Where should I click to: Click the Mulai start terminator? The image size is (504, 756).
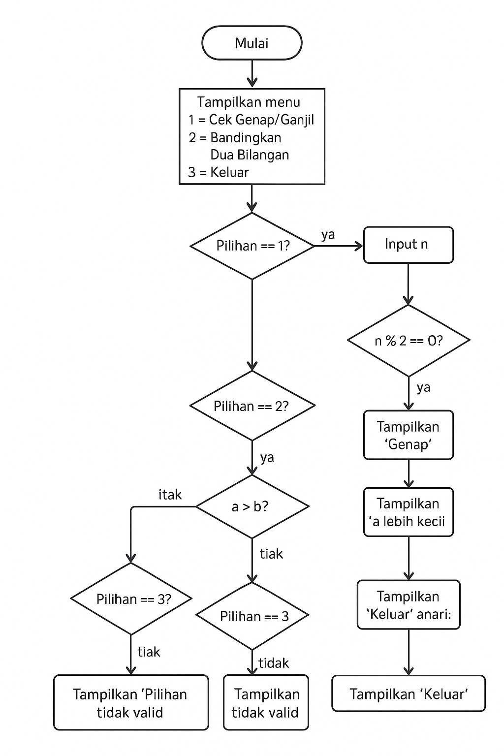(x=252, y=43)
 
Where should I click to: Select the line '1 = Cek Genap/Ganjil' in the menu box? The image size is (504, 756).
(x=251, y=120)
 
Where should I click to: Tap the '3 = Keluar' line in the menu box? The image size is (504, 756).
(x=219, y=172)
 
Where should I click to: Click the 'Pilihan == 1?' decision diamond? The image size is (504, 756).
(x=252, y=246)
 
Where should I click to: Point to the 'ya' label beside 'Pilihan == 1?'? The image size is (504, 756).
(x=328, y=235)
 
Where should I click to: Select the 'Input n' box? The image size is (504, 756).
(x=408, y=245)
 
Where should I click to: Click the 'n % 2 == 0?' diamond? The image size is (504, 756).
(x=409, y=341)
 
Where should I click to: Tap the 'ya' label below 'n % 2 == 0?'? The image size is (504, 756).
(x=423, y=388)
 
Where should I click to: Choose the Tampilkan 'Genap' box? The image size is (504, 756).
(x=408, y=435)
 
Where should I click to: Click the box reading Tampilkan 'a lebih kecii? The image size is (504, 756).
(x=408, y=512)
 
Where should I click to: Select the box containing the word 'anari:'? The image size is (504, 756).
(x=408, y=605)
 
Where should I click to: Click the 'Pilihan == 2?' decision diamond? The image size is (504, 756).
(x=252, y=406)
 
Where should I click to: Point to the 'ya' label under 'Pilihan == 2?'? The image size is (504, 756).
(x=267, y=458)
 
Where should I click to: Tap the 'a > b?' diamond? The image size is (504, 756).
(x=252, y=506)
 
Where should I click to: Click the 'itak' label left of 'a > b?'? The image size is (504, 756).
(x=170, y=495)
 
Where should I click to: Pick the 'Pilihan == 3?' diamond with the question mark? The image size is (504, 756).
(x=131, y=599)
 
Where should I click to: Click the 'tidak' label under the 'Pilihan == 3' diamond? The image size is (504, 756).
(x=274, y=663)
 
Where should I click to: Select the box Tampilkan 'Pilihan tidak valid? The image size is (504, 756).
(x=131, y=703)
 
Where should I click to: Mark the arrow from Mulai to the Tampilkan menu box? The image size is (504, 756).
(x=252, y=74)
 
